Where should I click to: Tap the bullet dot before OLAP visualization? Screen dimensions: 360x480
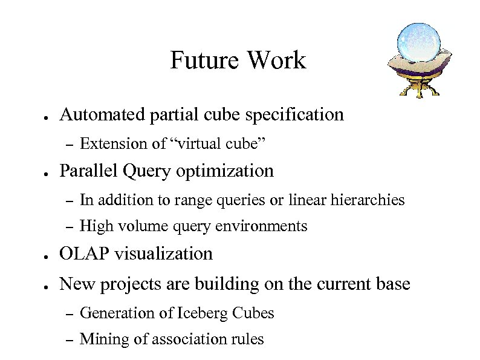45,255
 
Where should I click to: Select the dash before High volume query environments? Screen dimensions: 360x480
68,227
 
